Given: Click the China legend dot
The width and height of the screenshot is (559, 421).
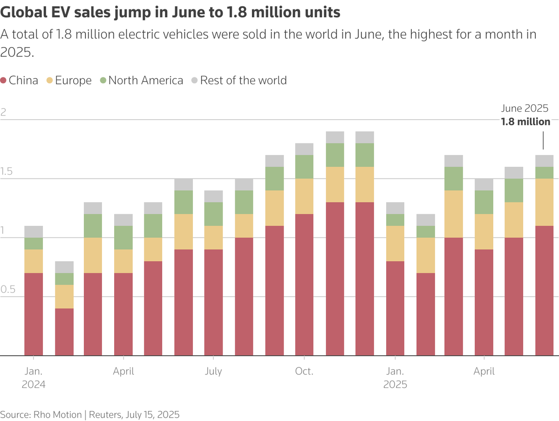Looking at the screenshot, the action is tap(3, 81).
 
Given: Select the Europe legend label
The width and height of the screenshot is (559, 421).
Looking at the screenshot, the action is tap(73, 81).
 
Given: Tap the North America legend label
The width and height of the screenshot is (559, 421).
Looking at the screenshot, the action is tap(146, 81).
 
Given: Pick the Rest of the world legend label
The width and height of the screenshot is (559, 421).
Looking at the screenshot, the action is tap(244, 81).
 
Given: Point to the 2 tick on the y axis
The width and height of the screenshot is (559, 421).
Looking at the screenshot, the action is tap(3, 112).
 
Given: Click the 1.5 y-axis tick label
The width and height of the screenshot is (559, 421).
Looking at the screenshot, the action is tap(7, 171).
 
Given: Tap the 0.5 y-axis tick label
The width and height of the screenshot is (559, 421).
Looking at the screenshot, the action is tap(8, 289).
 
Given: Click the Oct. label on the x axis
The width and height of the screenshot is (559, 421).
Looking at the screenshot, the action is tap(304, 371).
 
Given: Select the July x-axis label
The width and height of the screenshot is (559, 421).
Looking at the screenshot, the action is tap(213, 372).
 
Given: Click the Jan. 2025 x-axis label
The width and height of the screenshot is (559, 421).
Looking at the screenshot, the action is tap(395, 378).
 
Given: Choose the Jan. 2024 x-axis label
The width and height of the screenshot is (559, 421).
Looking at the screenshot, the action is tap(34, 378).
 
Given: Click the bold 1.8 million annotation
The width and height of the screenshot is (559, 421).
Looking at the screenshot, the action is tap(525, 122).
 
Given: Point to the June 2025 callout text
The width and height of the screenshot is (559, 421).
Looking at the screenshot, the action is tap(525, 109).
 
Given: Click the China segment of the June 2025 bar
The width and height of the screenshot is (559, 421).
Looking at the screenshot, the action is tap(544, 291).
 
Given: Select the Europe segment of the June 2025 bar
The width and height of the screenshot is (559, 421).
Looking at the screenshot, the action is tap(544, 202).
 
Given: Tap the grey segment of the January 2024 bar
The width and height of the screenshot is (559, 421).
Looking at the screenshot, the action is tap(34, 231).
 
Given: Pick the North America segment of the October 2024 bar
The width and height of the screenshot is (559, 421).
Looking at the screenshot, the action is tap(304, 167).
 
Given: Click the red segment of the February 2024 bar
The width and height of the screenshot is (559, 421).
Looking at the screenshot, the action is tap(64, 332).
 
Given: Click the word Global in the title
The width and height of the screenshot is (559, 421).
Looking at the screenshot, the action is tap(24, 12).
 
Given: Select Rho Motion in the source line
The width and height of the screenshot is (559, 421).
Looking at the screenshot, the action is tap(58, 414).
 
